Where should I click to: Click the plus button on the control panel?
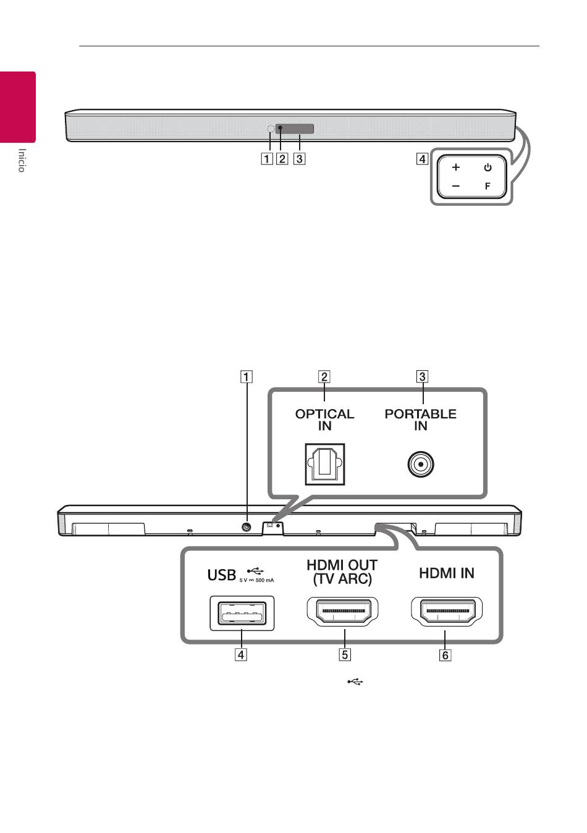pyautogui.click(x=456, y=167)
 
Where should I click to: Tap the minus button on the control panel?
pyautogui.click(x=456, y=186)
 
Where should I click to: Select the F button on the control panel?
pyautogui.click(x=488, y=186)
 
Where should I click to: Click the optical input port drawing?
pyautogui.click(x=324, y=464)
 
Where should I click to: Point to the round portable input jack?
pyautogui.click(x=421, y=464)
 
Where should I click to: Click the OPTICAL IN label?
pyautogui.click(x=324, y=420)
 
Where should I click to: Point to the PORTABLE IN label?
pyautogui.click(x=420, y=420)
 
